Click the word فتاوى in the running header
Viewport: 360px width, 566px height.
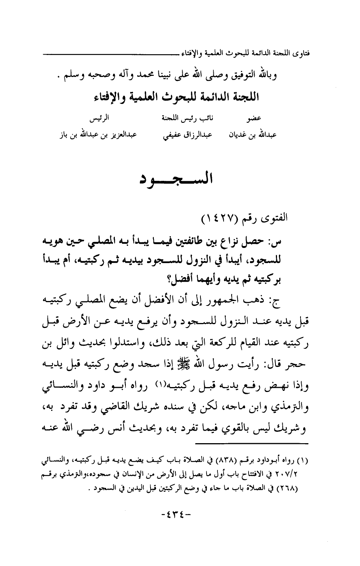310,51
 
